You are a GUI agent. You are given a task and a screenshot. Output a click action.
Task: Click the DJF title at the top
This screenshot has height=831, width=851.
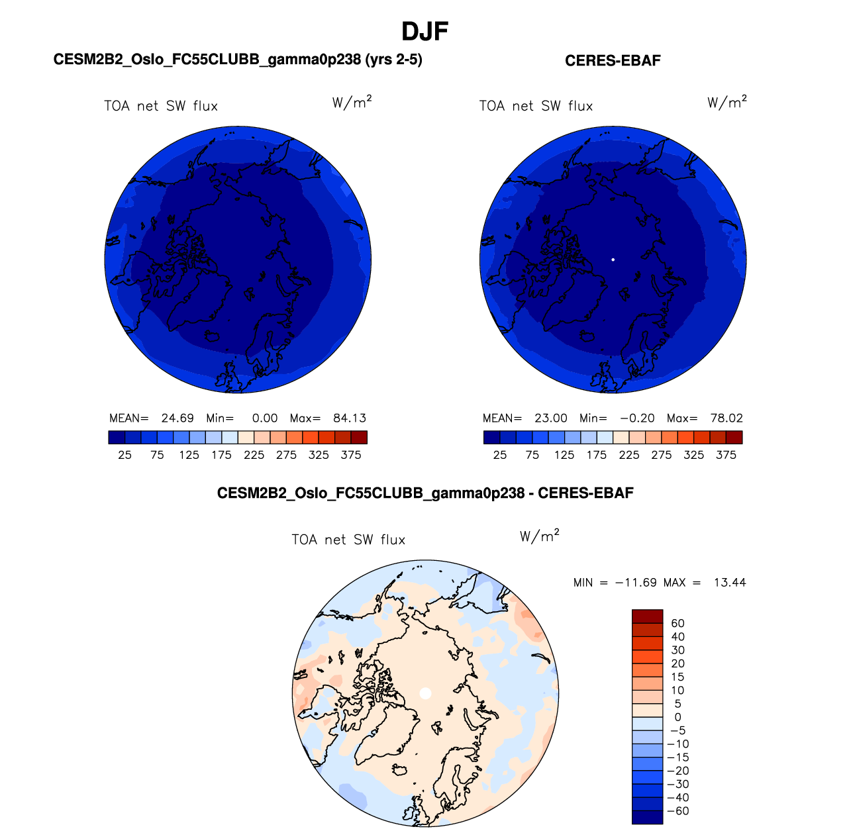tap(425, 31)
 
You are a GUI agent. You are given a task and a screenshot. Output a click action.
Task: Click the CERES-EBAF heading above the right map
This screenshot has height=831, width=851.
tap(613, 61)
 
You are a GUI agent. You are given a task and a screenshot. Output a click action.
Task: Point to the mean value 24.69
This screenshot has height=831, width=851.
tap(177, 418)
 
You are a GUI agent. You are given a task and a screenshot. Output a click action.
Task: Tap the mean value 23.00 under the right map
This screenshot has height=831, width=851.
tap(551, 418)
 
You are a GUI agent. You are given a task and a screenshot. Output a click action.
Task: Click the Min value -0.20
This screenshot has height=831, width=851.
tap(637, 418)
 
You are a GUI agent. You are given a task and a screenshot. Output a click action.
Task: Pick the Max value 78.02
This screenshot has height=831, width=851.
tap(726, 418)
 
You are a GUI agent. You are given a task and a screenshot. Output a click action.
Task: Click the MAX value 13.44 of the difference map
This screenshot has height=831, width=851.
tap(730, 583)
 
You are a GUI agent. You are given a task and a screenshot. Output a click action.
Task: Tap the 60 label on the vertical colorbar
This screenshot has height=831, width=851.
tap(677, 623)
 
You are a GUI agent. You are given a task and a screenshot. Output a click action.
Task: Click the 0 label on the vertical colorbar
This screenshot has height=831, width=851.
tap(677, 717)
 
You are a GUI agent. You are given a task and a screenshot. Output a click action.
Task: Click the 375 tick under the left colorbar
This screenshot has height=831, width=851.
tap(351, 455)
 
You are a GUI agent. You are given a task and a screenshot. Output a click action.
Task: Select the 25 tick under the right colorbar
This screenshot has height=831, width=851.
tap(500, 455)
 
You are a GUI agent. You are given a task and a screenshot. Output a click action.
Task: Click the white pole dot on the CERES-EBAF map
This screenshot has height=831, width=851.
tap(613, 260)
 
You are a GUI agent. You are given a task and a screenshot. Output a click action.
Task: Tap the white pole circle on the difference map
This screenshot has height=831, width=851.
tap(426, 693)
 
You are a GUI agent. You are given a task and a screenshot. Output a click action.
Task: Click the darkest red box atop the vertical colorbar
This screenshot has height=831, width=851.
tap(647, 616)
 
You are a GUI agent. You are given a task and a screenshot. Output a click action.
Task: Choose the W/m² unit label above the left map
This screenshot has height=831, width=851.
tap(352, 102)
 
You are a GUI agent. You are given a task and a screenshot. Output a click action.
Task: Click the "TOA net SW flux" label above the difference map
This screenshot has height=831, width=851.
tap(348, 540)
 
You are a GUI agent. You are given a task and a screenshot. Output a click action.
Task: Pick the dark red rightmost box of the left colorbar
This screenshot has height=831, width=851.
tap(359, 437)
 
